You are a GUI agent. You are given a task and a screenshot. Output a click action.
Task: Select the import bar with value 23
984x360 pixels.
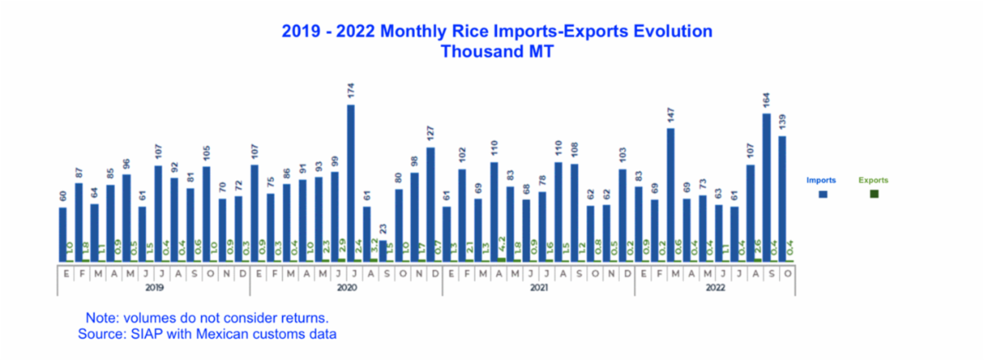tap(383, 251)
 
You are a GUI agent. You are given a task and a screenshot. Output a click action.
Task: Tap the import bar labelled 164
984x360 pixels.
tap(767, 187)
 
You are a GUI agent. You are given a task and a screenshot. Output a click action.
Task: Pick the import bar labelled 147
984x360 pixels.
tap(671, 194)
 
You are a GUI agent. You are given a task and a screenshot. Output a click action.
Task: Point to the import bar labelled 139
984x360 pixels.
tap(782, 198)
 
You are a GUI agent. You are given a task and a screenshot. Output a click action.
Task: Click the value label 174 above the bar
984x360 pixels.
tap(351, 93)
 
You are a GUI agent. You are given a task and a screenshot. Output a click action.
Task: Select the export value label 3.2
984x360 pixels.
tap(373, 247)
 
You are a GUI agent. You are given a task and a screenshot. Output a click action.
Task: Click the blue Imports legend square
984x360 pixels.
tap(823, 194)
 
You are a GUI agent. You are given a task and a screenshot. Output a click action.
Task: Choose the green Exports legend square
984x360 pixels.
tap(874, 194)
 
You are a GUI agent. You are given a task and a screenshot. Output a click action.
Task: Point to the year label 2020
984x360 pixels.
tap(346, 289)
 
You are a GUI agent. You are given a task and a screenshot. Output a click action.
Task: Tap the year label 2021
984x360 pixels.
tap(539, 289)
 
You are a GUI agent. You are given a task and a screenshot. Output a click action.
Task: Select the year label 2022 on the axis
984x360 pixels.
tap(715, 289)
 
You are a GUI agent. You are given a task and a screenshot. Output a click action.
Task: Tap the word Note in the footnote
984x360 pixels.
tap(101, 317)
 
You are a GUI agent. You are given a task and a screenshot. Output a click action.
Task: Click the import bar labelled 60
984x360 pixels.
tap(63, 234)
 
